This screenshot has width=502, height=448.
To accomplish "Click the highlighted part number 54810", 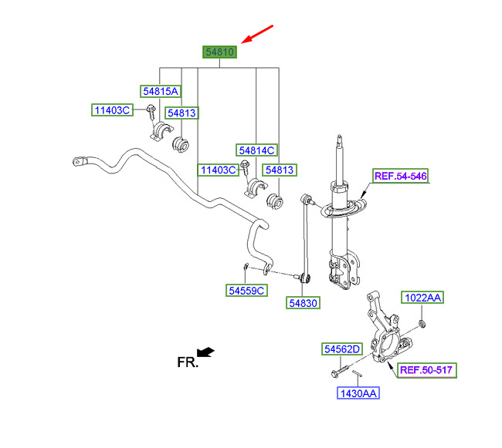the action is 219,52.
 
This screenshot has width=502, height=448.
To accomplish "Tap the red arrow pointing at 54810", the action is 257,34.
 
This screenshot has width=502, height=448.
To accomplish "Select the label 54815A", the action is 161,92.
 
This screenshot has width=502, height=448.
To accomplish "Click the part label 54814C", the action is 256,150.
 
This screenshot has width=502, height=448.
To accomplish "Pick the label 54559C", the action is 246,291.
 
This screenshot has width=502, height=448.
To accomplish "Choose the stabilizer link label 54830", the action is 303,303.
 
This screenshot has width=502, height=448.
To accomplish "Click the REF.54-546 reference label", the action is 401,176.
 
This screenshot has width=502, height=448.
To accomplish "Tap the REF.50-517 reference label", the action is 426,370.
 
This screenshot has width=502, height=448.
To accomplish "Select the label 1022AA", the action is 422,298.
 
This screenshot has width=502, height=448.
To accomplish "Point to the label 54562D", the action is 342,349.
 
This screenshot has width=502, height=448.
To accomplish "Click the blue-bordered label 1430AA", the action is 358,393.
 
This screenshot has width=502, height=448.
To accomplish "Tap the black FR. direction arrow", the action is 205,352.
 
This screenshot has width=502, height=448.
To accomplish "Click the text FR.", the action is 188,362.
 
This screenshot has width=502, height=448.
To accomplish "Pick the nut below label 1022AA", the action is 422,325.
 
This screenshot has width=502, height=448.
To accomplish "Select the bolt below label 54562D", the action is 340,372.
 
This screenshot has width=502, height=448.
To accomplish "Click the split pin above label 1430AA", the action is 356,373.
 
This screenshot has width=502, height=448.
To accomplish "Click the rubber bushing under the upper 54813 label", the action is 181,145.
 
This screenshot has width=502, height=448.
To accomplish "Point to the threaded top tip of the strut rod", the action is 340,138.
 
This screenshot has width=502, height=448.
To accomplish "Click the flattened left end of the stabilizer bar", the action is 79,161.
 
